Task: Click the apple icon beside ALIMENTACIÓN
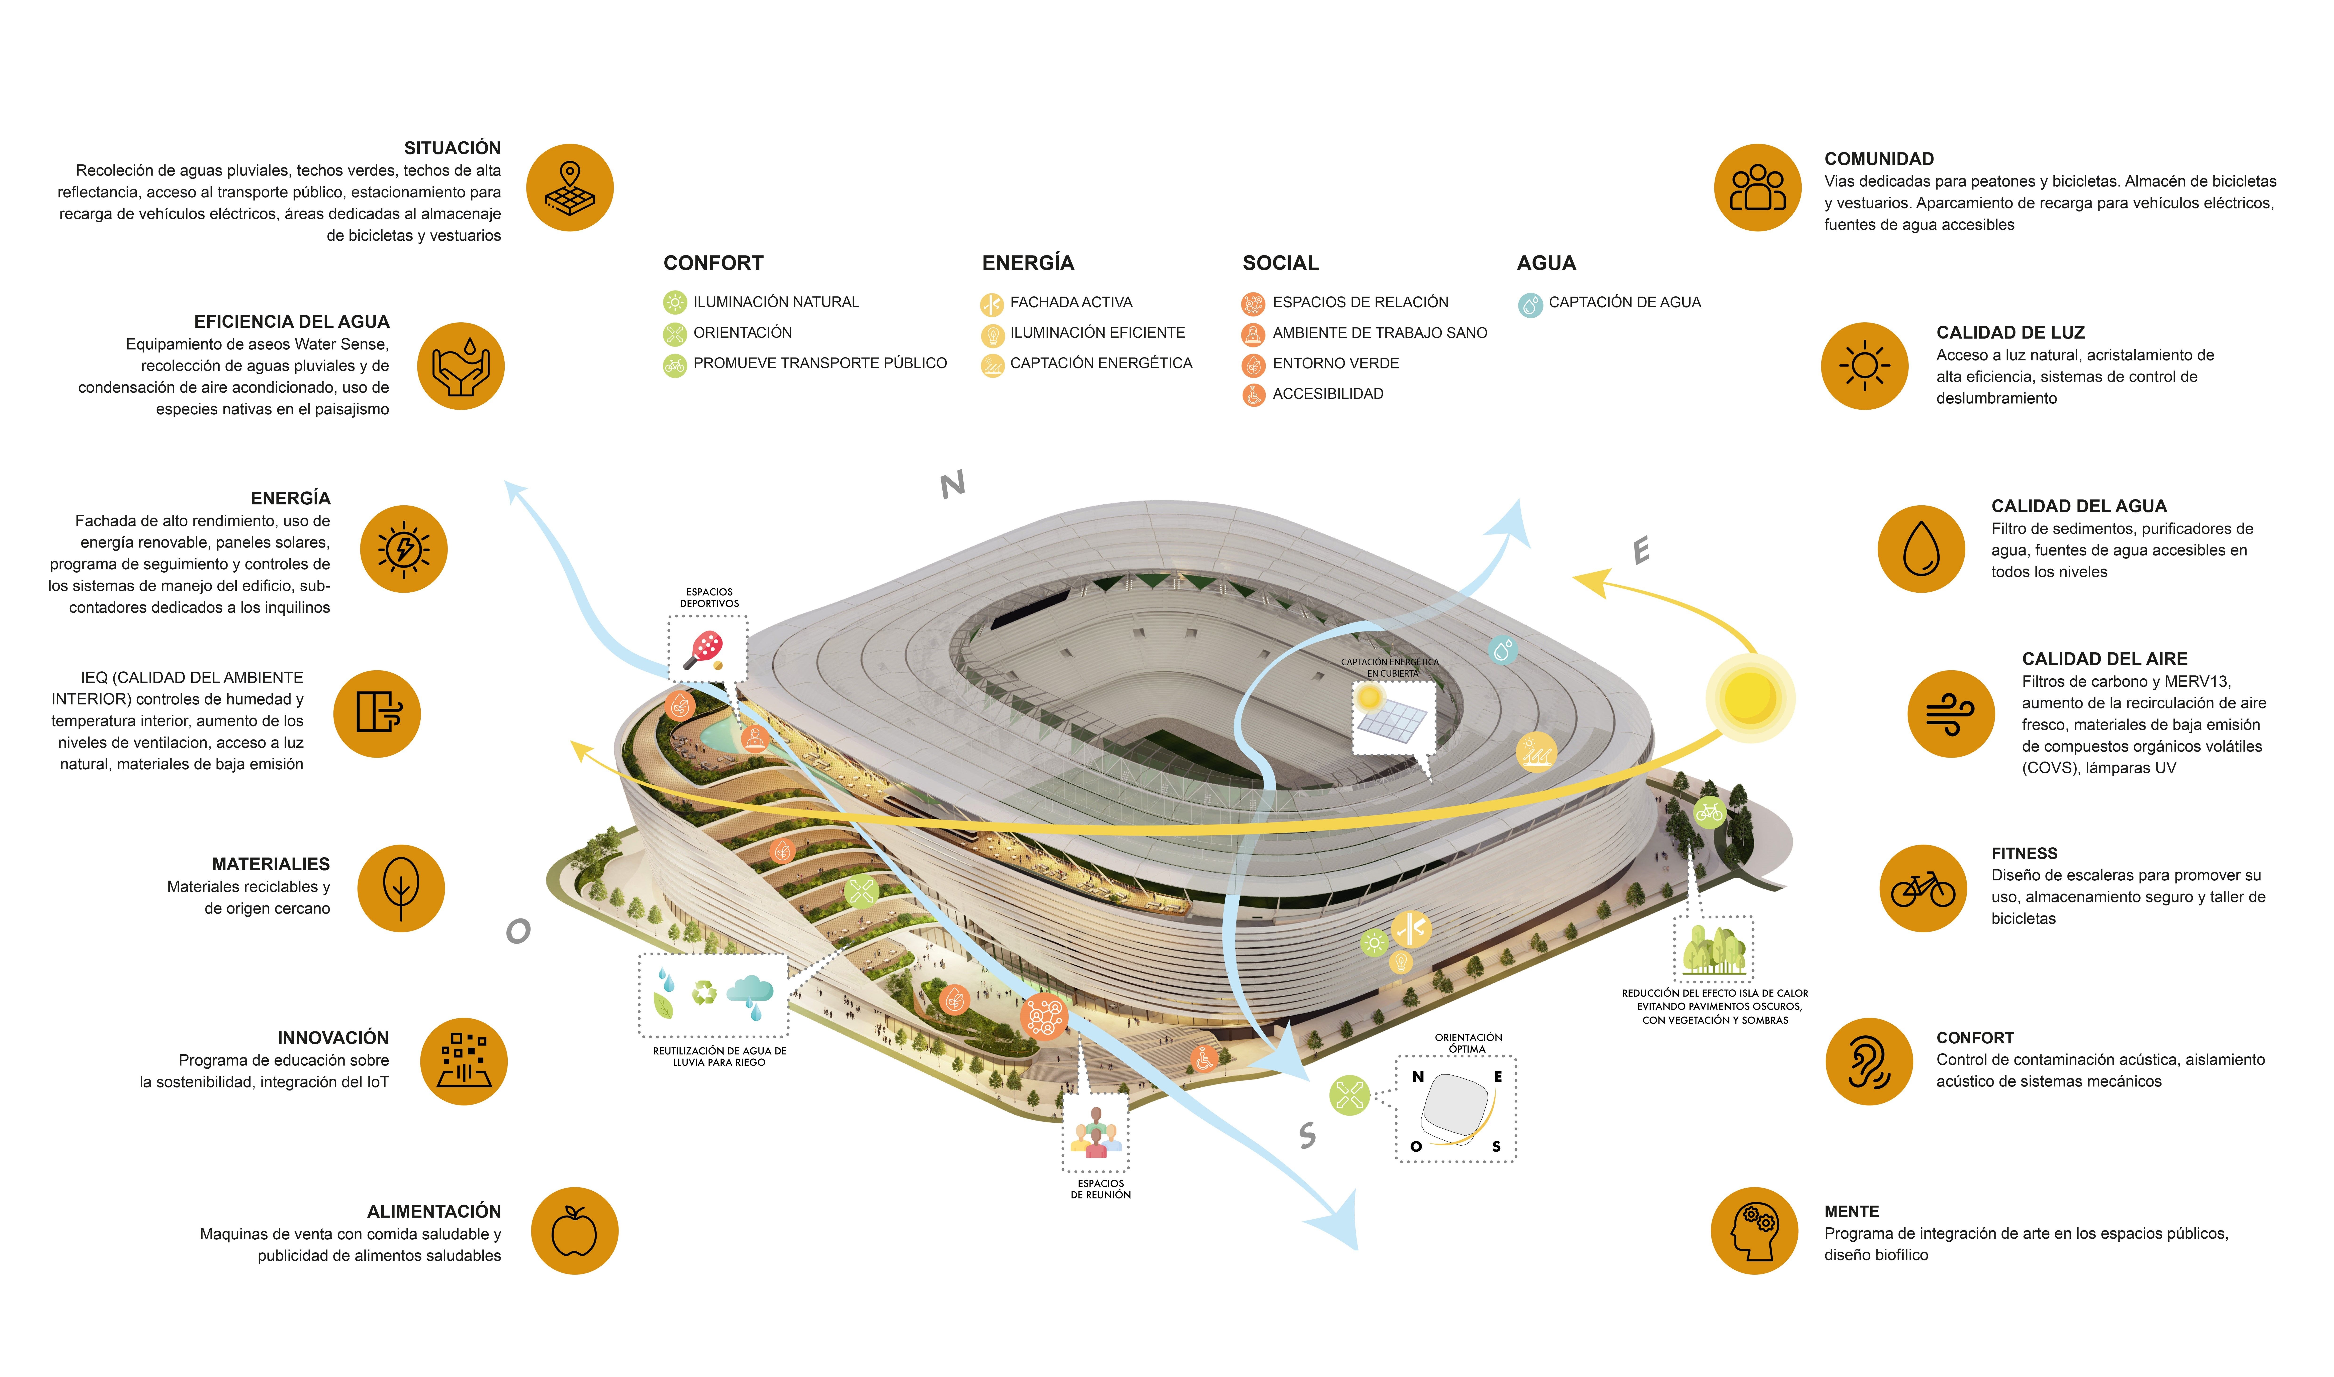574,1231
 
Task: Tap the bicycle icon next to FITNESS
1923,889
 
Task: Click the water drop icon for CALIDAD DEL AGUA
1921,549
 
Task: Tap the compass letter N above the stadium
953,484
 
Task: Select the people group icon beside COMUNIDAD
1758,188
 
